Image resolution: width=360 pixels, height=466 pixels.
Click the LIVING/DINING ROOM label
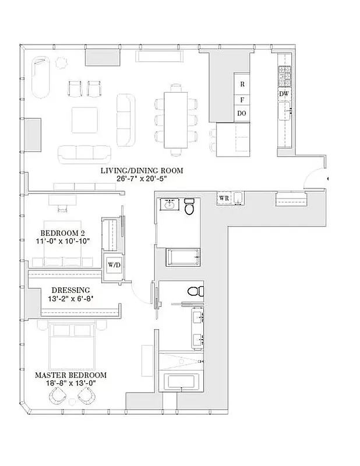coord(142,170)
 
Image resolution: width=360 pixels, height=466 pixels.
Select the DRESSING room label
coord(70,290)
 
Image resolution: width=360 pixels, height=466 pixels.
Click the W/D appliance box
coord(113,266)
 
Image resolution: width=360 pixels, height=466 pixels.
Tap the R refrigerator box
coord(242,84)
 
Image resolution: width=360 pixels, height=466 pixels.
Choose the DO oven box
coord(242,114)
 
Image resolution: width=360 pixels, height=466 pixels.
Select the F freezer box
coord(242,99)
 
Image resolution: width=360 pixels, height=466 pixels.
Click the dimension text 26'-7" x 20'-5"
coord(142,179)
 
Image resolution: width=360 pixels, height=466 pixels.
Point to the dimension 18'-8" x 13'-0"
coord(70,384)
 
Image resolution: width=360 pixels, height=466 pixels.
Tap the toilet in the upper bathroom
coord(189,208)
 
